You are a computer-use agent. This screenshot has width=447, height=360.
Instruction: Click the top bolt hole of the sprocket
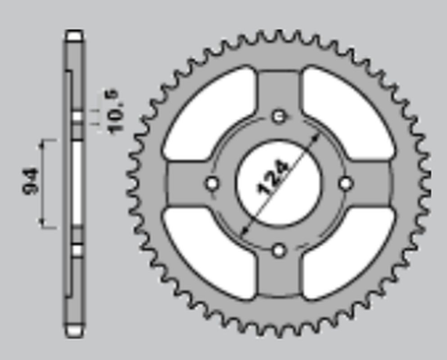pos(278,115)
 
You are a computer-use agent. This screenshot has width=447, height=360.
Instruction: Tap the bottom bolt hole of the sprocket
pos(278,250)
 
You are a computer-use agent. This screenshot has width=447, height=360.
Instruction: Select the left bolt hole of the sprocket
pos(211,183)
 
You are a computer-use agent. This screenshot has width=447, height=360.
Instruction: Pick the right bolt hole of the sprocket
pos(346,183)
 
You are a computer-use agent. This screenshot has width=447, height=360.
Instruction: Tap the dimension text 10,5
pos(118,104)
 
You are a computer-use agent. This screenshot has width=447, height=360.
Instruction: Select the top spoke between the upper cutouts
pos(278,86)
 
